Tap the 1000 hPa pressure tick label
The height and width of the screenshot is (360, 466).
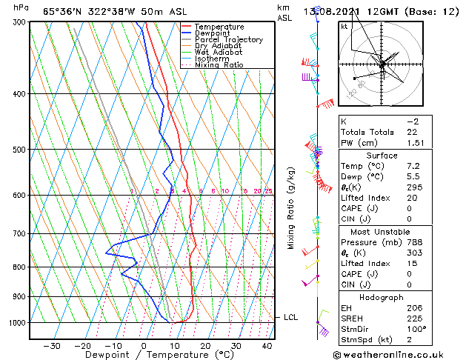tap(16, 323)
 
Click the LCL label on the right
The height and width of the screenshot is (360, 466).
tap(291, 317)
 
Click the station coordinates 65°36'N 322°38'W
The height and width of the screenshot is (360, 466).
tap(87, 11)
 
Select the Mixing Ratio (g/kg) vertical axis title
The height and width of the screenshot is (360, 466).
tap(291, 207)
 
